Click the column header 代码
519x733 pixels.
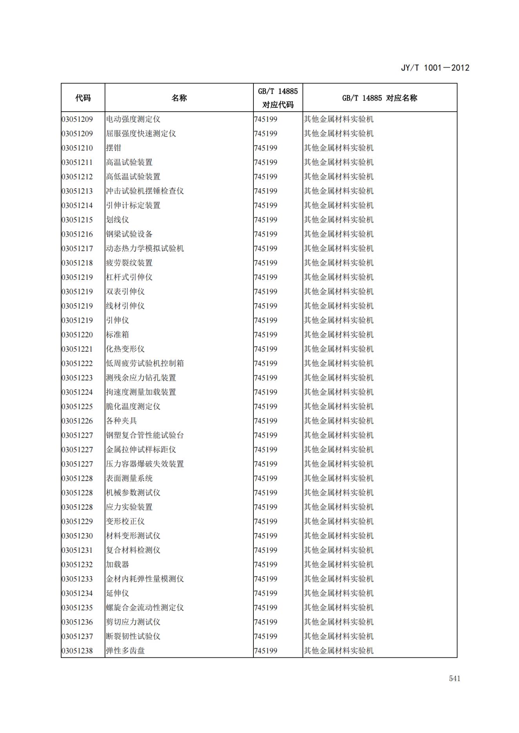pyautogui.click(x=83, y=98)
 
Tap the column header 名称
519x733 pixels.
pyautogui.click(x=179, y=98)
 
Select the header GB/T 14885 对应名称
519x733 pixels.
pyautogui.click(x=379, y=98)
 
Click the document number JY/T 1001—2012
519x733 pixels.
pyautogui.click(x=435, y=68)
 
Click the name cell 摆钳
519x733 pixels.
pyautogui.click(x=114, y=148)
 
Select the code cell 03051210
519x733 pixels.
pyautogui.click(x=77, y=148)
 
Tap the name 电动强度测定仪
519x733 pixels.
pyautogui.click(x=133, y=119)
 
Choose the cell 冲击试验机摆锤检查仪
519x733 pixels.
pyautogui.click(x=145, y=191)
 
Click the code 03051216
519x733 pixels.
pyautogui.click(x=77, y=234)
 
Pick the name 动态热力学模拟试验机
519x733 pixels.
pyautogui.click(x=145, y=248)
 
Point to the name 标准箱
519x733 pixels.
pyautogui.click(x=117, y=335)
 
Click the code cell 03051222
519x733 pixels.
pyautogui.click(x=77, y=364)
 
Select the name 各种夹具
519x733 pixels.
pyautogui.click(x=121, y=421)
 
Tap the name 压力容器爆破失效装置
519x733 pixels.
pyautogui.click(x=145, y=464)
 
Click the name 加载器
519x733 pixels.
pyautogui.click(x=117, y=565)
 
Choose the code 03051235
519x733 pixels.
pyautogui.click(x=77, y=608)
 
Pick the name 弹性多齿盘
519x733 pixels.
pyautogui.click(x=125, y=651)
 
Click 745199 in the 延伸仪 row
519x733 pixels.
pyautogui.click(x=266, y=593)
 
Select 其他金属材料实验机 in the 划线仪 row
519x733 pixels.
pyautogui.click(x=339, y=220)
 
